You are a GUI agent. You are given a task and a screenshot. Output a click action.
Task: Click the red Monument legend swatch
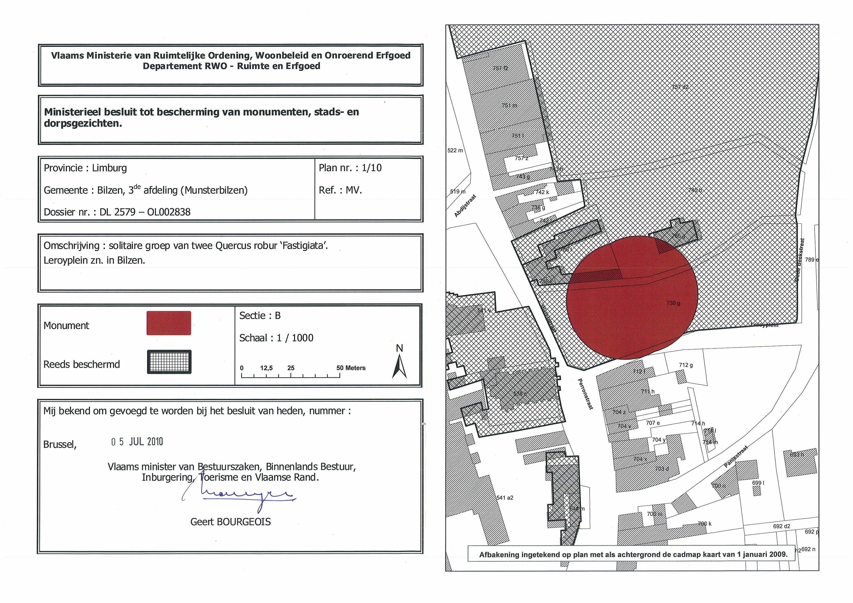[169, 323]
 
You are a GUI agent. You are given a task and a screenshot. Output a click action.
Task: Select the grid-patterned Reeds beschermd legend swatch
[169, 362]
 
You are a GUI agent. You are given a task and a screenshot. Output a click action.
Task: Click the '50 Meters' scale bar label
[351, 368]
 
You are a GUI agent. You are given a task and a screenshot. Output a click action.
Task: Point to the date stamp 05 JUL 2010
[137, 441]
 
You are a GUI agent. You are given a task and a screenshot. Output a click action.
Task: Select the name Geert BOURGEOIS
[230, 522]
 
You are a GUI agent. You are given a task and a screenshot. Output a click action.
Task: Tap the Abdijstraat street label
[465, 205]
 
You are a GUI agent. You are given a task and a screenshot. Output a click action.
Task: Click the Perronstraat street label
[585, 394]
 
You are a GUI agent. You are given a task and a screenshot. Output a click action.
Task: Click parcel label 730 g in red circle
[673, 303]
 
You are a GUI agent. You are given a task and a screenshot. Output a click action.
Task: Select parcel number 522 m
[455, 150]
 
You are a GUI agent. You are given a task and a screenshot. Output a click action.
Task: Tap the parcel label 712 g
[686, 365]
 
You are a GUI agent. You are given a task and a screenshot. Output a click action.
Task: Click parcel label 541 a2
[505, 498]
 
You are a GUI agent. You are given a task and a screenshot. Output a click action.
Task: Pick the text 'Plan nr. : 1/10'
[350, 168]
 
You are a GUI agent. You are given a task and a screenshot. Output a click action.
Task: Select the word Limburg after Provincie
[109, 168]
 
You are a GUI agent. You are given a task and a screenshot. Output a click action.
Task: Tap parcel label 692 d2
[782, 526]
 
